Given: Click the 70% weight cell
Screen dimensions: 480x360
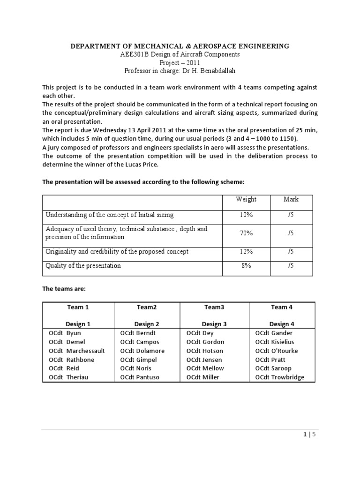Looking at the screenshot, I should point(246,233).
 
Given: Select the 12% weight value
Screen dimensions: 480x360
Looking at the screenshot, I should point(246,252).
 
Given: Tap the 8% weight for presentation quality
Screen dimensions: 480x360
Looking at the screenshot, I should point(246,266).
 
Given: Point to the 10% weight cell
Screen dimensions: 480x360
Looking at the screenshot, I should point(246,215).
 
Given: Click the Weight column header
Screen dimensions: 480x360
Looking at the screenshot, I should point(246,199).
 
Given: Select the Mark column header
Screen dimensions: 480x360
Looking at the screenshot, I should point(291,199).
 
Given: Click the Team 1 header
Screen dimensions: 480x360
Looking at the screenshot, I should point(78,307).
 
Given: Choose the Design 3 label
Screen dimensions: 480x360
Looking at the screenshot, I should point(214,324).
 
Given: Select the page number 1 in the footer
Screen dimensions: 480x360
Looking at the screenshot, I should point(305,435).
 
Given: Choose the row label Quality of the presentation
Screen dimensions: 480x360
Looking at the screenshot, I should point(83,266).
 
